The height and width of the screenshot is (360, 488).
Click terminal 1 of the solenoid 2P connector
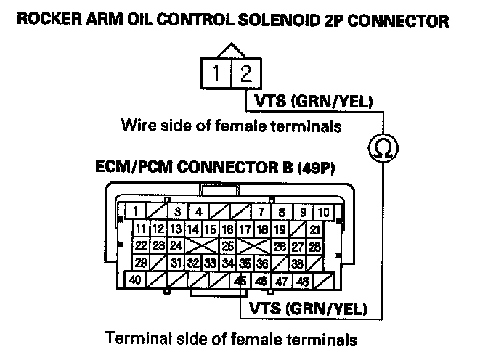217,73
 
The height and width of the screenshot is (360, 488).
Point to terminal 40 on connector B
135,280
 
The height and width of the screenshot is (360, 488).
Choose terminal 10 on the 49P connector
324,213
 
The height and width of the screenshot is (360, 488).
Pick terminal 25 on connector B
228,247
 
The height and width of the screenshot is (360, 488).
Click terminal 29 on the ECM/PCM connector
142,263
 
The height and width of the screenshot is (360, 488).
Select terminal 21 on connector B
314,230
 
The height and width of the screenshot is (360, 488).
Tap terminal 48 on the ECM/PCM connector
304,280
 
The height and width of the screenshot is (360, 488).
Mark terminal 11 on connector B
142,230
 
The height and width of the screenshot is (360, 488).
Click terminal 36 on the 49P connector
263,263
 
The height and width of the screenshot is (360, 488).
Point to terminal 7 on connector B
260,213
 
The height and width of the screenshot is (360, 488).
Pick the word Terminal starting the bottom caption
135,338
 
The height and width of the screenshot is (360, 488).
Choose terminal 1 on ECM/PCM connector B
135,213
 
